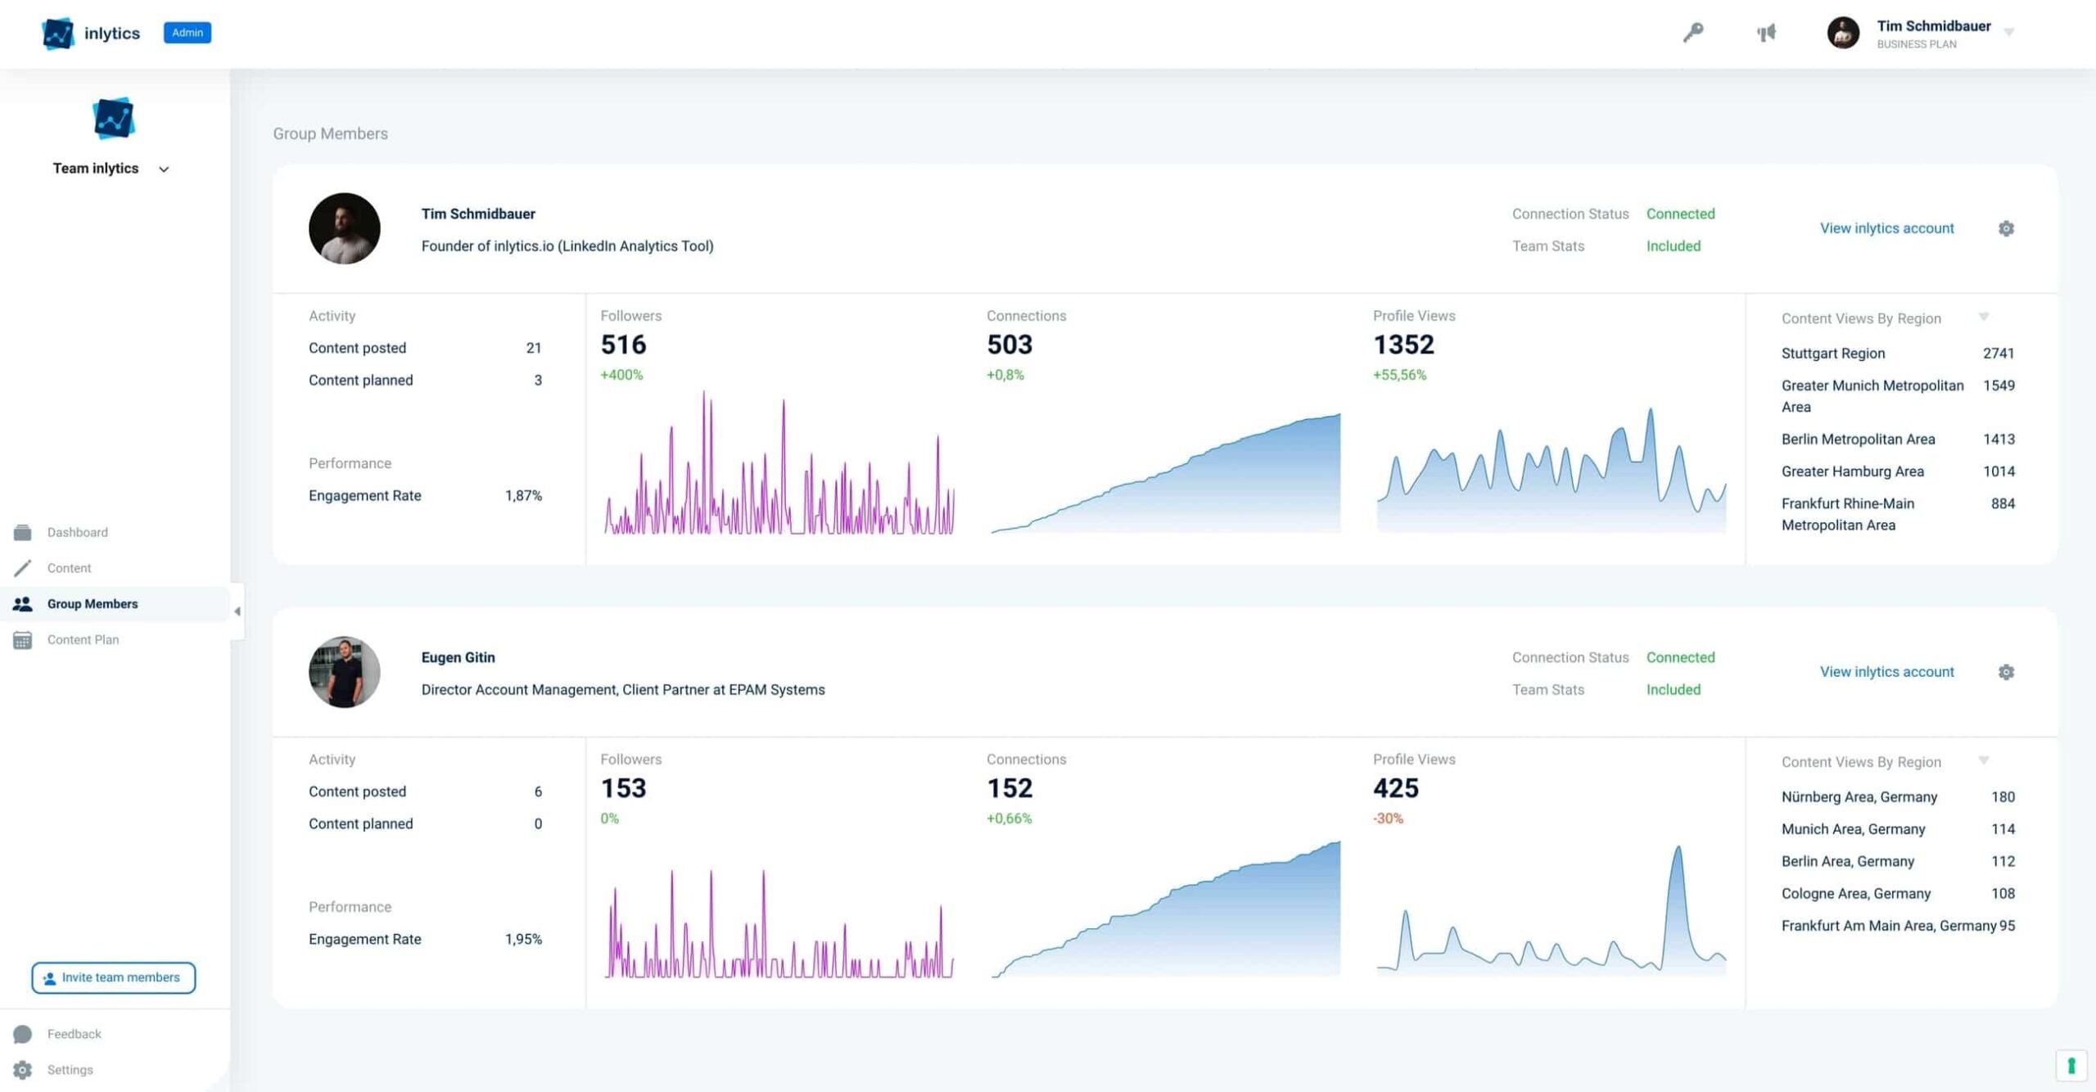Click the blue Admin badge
[x=187, y=33]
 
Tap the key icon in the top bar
[x=1693, y=33]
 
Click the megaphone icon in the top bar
[x=1766, y=33]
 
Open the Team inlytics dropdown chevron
[x=164, y=169]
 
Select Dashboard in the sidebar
[x=77, y=532]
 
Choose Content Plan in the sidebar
[x=83, y=639]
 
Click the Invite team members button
[x=114, y=977]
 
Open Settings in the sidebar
[x=70, y=1069]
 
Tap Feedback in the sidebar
[x=74, y=1034]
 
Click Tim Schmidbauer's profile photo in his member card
[x=344, y=228]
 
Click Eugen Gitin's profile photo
[x=344, y=672]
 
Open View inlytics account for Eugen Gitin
[x=1886, y=672]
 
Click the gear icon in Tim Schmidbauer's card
[x=2006, y=228]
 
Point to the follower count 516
[x=623, y=345]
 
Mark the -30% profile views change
[x=1388, y=819]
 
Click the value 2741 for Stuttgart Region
[x=1998, y=354]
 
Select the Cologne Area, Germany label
[x=1855, y=893]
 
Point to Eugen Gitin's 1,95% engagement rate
[x=523, y=939]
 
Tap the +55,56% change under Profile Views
[x=1399, y=375]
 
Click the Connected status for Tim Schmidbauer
[x=1680, y=214]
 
